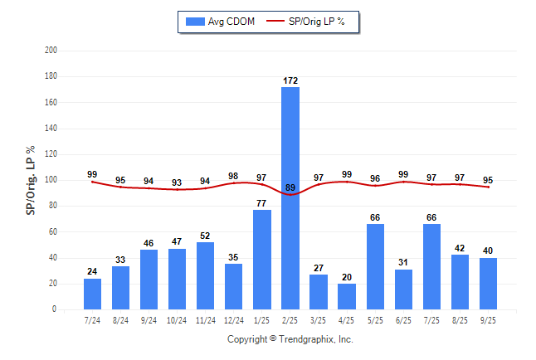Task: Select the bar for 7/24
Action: coord(92,294)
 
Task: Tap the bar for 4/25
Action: coord(347,296)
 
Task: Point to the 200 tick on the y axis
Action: coord(51,51)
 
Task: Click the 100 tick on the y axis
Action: coord(51,180)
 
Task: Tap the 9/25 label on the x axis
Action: coord(488,320)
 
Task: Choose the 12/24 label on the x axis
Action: coord(234,320)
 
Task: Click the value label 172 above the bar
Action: coord(290,80)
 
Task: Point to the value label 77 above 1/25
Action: coord(262,203)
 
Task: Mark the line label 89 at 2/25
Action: coord(290,188)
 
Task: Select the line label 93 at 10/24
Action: coord(177,182)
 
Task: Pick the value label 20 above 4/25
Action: coord(347,277)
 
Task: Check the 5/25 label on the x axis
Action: coord(375,320)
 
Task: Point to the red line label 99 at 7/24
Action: coord(92,174)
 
